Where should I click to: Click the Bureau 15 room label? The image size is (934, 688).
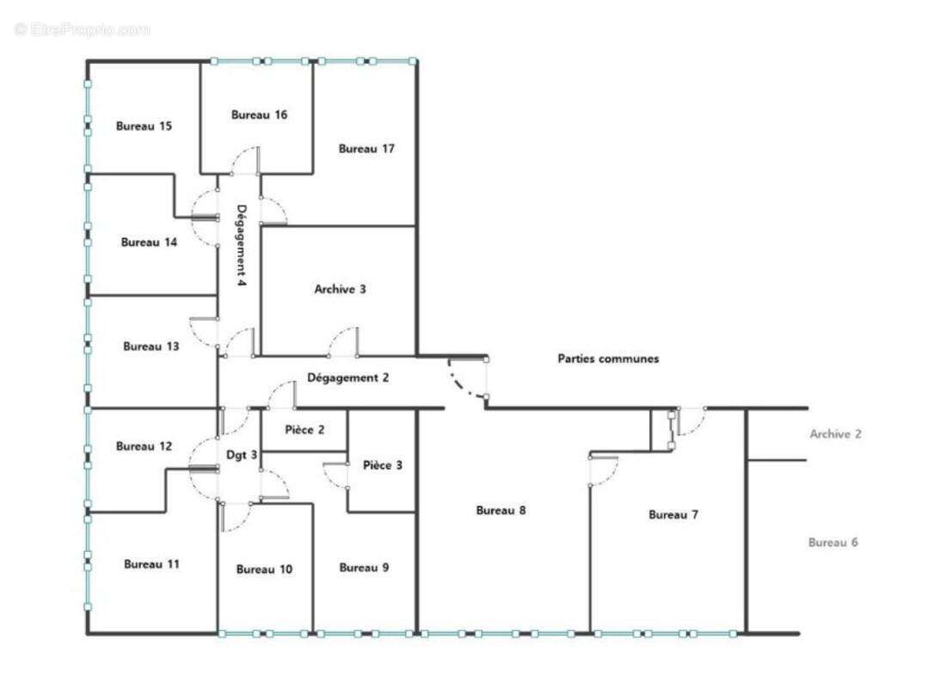pyautogui.click(x=144, y=126)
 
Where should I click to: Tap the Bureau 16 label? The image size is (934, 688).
pyautogui.click(x=259, y=115)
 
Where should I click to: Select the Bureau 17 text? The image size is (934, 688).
pyautogui.click(x=366, y=149)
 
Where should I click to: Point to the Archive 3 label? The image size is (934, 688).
pyautogui.click(x=340, y=290)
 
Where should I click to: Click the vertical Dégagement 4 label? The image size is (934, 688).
pyautogui.click(x=242, y=245)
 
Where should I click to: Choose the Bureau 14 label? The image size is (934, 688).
pyautogui.click(x=149, y=243)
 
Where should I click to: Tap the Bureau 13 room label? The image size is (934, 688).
pyautogui.click(x=151, y=347)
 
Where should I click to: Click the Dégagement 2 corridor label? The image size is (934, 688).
pyautogui.click(x=347, y=378)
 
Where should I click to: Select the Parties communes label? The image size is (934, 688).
pyautogui.click(x=608, y=359)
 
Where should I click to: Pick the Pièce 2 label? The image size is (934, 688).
pyautogui.click(x=304, y=430)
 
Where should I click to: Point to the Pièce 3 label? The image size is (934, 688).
pyautogui.click(x=383, y=465)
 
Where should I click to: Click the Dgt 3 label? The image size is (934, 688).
pyautogui.click(x=242, y=455)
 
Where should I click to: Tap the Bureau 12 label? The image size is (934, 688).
pyautogui.click(x=144, y=446)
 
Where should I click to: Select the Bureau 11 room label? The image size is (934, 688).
pyautogui.click(x=151, y=564)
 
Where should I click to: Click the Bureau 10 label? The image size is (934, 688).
pyautogui.click(x=265, y=569)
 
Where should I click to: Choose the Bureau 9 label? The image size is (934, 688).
pyautogui.click(x=364, y=568)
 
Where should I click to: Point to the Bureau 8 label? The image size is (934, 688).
pyautogui.click(x=501, y=511)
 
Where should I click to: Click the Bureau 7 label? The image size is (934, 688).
pyautogui.click(x=673, y=514)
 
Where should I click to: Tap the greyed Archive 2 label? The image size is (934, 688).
pyautogui.click(x=835, y=434)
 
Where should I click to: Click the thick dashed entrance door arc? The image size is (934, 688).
pyautogui.click(x=459, y=384)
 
